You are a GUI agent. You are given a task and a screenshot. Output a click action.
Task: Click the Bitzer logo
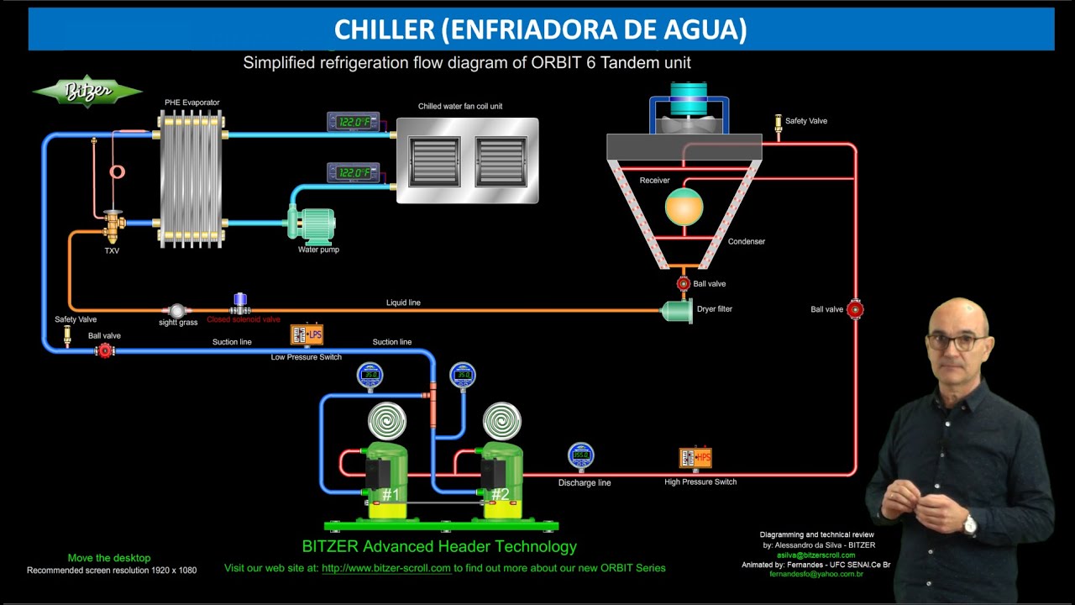point(87,92)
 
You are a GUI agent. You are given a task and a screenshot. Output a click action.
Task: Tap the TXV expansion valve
point(113,224)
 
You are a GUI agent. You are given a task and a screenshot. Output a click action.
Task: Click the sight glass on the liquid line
point(176,311)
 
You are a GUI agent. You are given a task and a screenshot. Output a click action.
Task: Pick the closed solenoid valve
point(240,303)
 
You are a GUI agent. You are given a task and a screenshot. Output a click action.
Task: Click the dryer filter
point(677,311)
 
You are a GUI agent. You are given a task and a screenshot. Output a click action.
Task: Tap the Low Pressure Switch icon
point(307,334)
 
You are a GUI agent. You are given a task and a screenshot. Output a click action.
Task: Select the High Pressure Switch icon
point(695,458)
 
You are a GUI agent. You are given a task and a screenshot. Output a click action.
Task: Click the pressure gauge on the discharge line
point(580,455)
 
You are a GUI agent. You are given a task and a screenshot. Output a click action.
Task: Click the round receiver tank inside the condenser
point(684,206)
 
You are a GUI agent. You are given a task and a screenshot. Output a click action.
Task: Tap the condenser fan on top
point(688,99)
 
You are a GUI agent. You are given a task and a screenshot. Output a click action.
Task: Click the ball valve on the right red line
point(855,309)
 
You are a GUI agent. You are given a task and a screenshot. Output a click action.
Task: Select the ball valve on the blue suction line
point(105,350)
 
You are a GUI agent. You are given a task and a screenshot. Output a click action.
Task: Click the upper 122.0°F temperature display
point(354,123)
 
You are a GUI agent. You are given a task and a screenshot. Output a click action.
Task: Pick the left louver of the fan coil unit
point(433,161)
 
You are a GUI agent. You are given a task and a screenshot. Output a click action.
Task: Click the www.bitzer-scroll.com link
point(386,568)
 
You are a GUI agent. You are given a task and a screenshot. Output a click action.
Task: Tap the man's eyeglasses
point(957,342)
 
